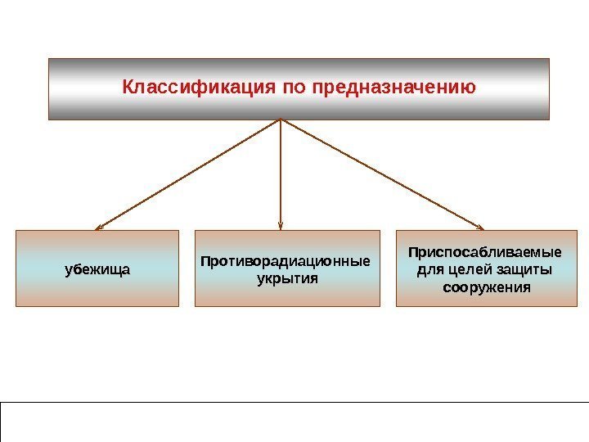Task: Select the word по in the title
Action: (x=293, y=86)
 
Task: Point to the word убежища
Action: (x=97, y=269)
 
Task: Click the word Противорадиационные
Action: (x=286, y=262)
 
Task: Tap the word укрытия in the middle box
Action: (x=286, y=277)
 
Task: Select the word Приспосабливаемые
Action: (x=485, y=252)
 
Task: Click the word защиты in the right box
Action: (x=524, y=270)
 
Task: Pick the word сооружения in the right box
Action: (x=486, y=288)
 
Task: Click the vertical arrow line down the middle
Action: (x=281, y=172)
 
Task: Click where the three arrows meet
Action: (x=281, y=120)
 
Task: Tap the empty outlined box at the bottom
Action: (x=294, y=422)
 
